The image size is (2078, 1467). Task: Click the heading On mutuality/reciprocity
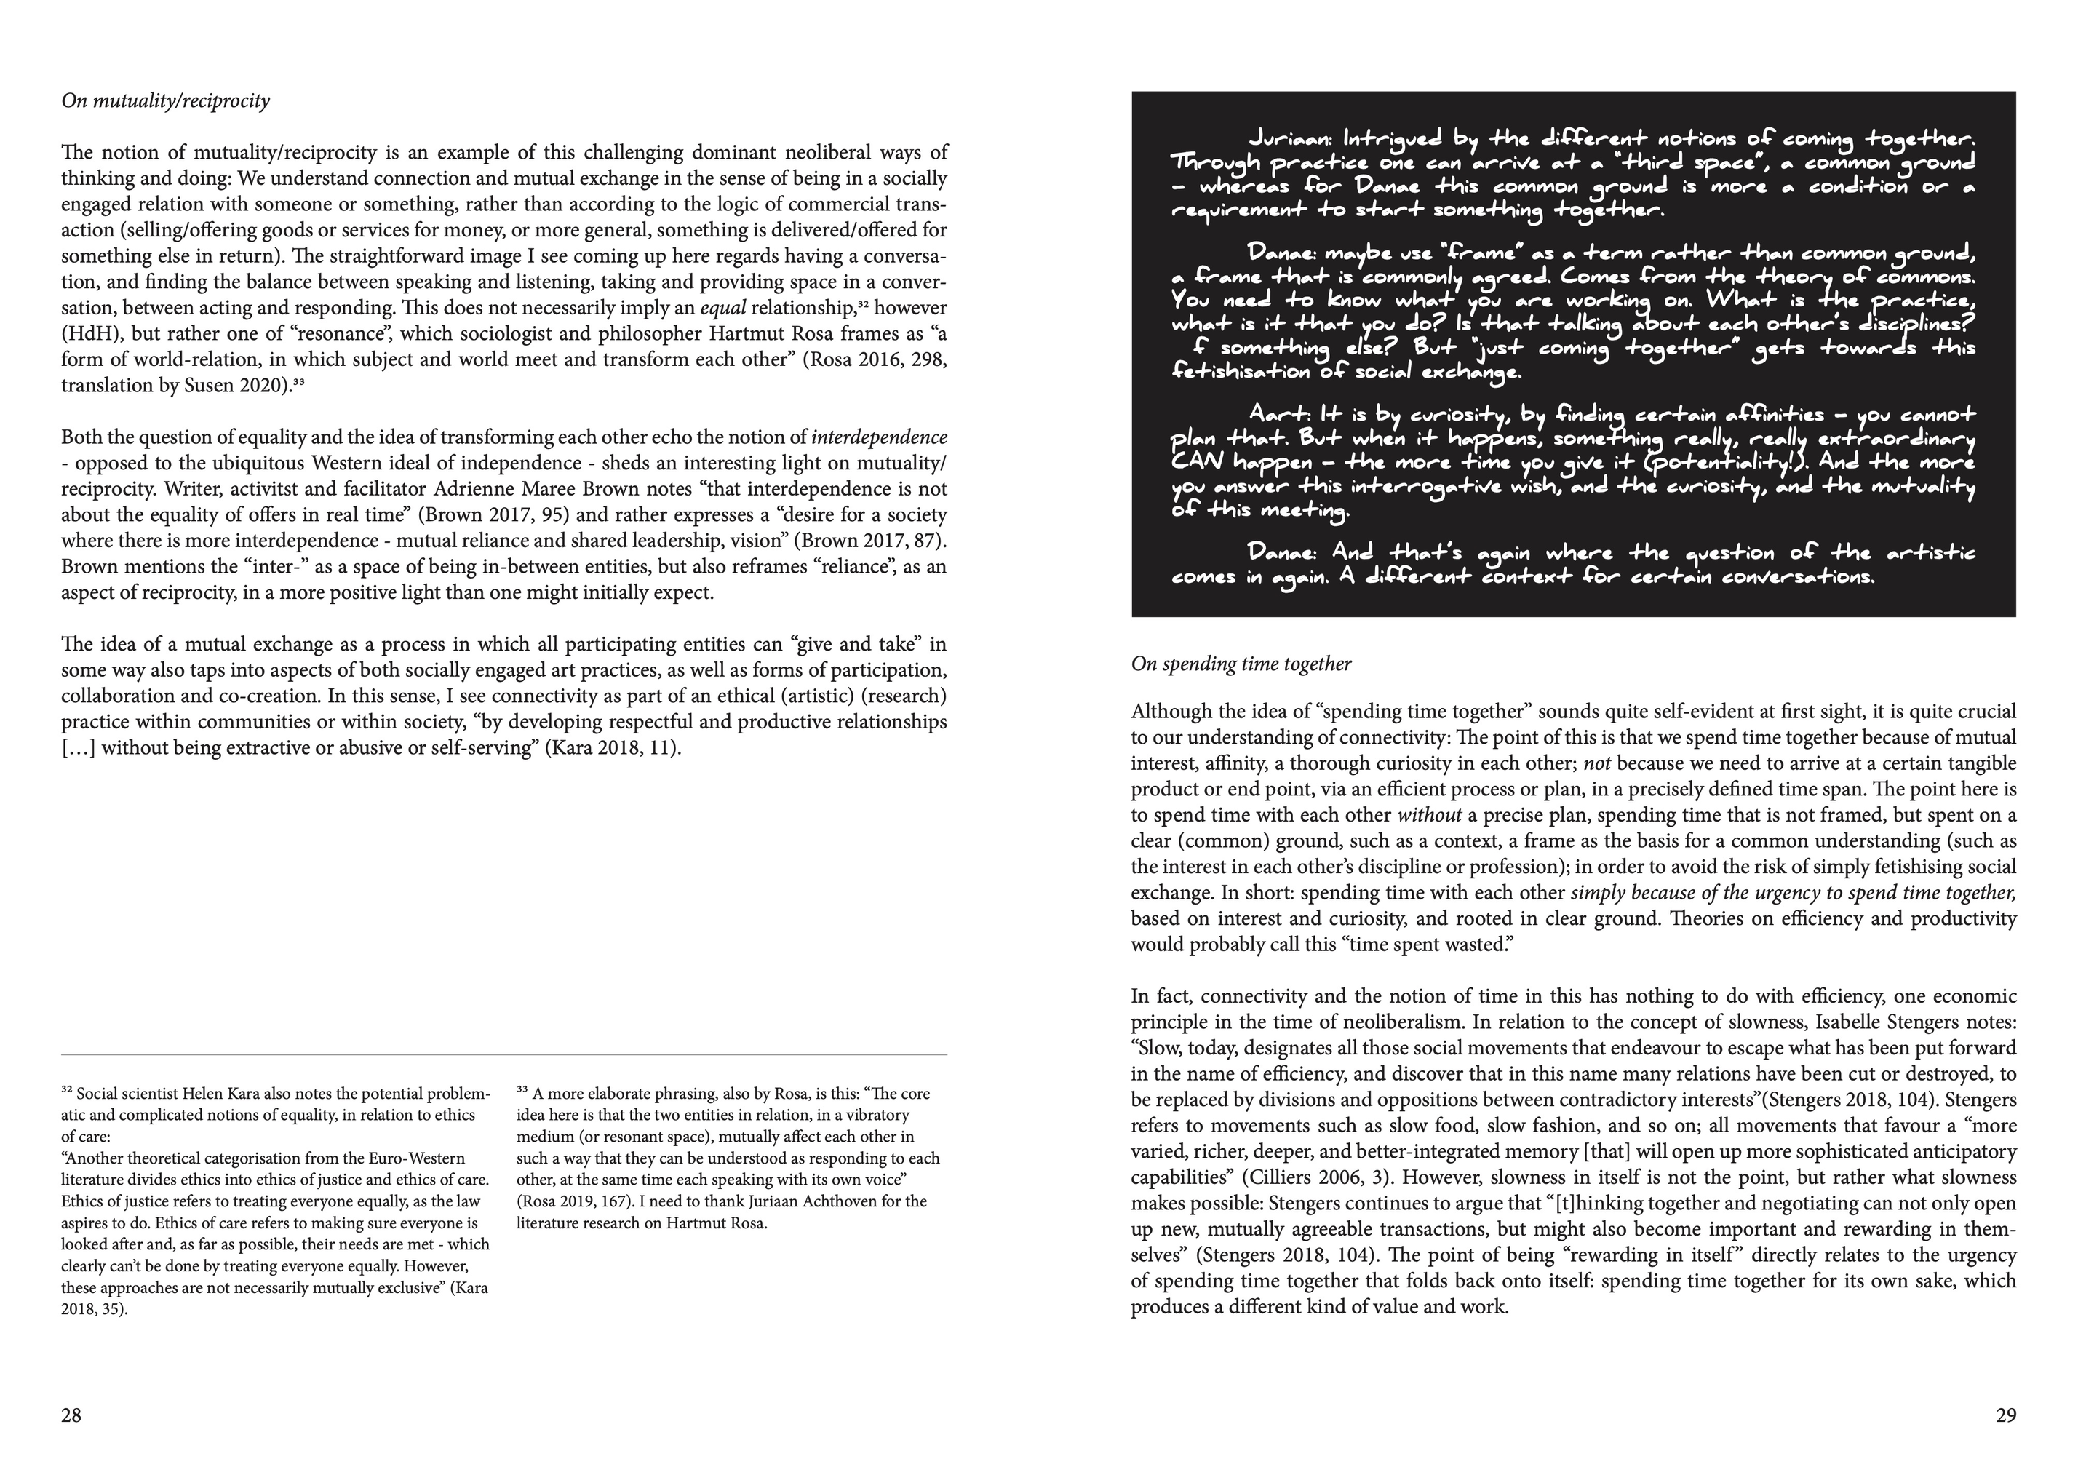coord(166,100)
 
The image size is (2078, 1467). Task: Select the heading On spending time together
coord(1241,664)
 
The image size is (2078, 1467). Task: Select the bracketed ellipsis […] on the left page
coord(78,750)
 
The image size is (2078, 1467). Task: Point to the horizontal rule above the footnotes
coord(504,1055)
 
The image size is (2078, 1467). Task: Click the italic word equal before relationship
coord(723,308)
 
